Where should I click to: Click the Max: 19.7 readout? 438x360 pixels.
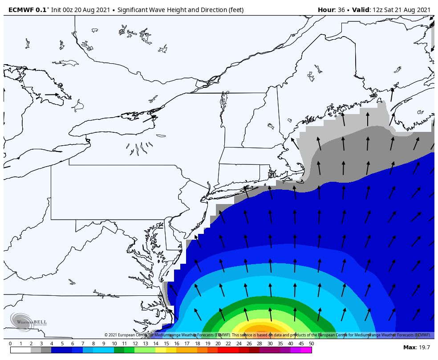[416, 347]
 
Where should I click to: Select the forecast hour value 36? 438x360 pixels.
[342, 10]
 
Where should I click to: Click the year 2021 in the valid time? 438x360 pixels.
[421, 10]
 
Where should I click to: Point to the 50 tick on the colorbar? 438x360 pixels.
[311, 344]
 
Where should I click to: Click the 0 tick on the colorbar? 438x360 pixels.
[10, 344]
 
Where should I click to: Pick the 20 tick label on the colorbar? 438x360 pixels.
[218, 344]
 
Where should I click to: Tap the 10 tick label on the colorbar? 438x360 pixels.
[114, 344]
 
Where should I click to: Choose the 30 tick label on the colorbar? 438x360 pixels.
[270, 344]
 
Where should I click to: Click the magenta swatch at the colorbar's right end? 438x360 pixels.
[306, 350]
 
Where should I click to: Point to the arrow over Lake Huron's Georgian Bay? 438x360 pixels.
[52, 94]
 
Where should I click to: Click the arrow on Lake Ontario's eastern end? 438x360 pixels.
[150, 119]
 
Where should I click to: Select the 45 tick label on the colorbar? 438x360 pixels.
[301, 344]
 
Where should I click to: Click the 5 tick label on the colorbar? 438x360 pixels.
[62, 344]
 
